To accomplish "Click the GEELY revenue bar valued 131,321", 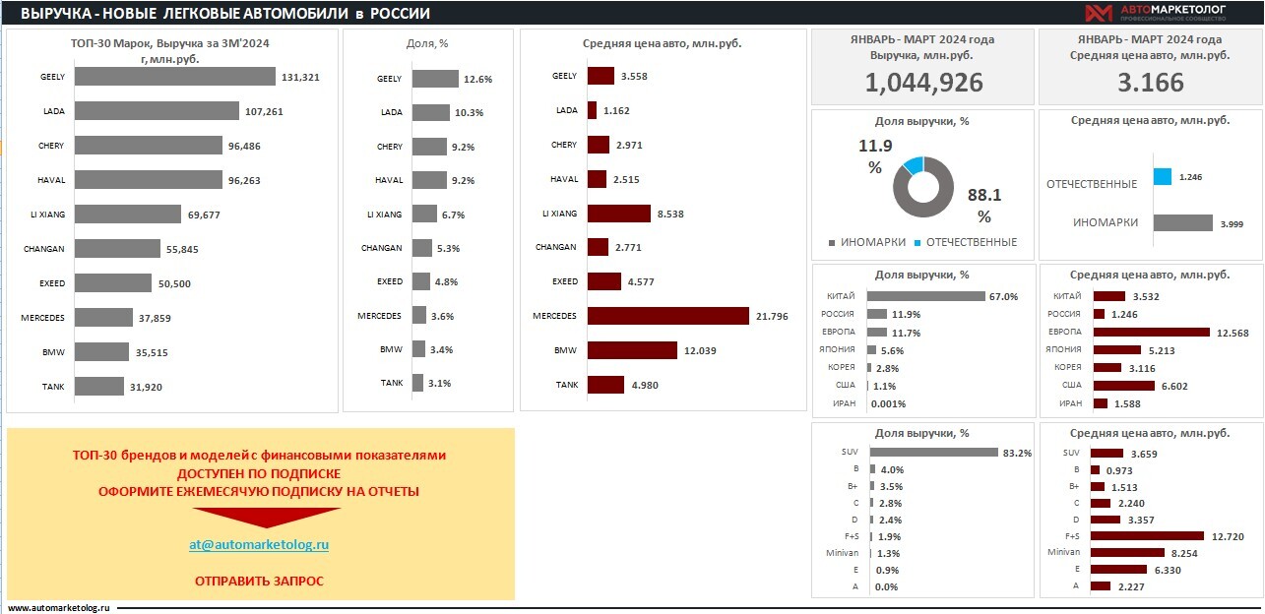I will pyautogui.click(x=174, y=77).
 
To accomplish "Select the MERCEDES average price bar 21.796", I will pyautogui.click(x=667, y=316).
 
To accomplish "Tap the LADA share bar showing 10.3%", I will pyautogui.click(x=430, y=112).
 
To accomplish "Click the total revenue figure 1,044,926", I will pyautogui.click(x=923, y=83).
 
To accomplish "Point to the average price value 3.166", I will pyautogui.click(x=1150, y=83).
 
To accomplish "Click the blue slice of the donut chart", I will pyautogui.click(x=914, y=164).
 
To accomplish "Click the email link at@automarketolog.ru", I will pyautogui.click(x=259, y=544).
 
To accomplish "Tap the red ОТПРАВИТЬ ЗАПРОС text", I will pyautogui.click(x=259, y=581).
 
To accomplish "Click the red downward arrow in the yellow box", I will pyautogui.click(x=266, y=518).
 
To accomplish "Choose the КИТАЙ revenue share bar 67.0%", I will pyautogui.click(x=925, y=296).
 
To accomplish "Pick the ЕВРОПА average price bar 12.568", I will pyautogui.click(x=1151, y=333).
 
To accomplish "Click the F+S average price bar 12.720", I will pyautogui.click(x=1147, y=536).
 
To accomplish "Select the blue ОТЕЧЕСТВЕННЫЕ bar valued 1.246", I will pyautogui.click(x=1162, y=177).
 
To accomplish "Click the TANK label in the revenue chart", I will pyautogui.click(x=52, y=387).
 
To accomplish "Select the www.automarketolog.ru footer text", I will pyautogui.click(x=60, y=608).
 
